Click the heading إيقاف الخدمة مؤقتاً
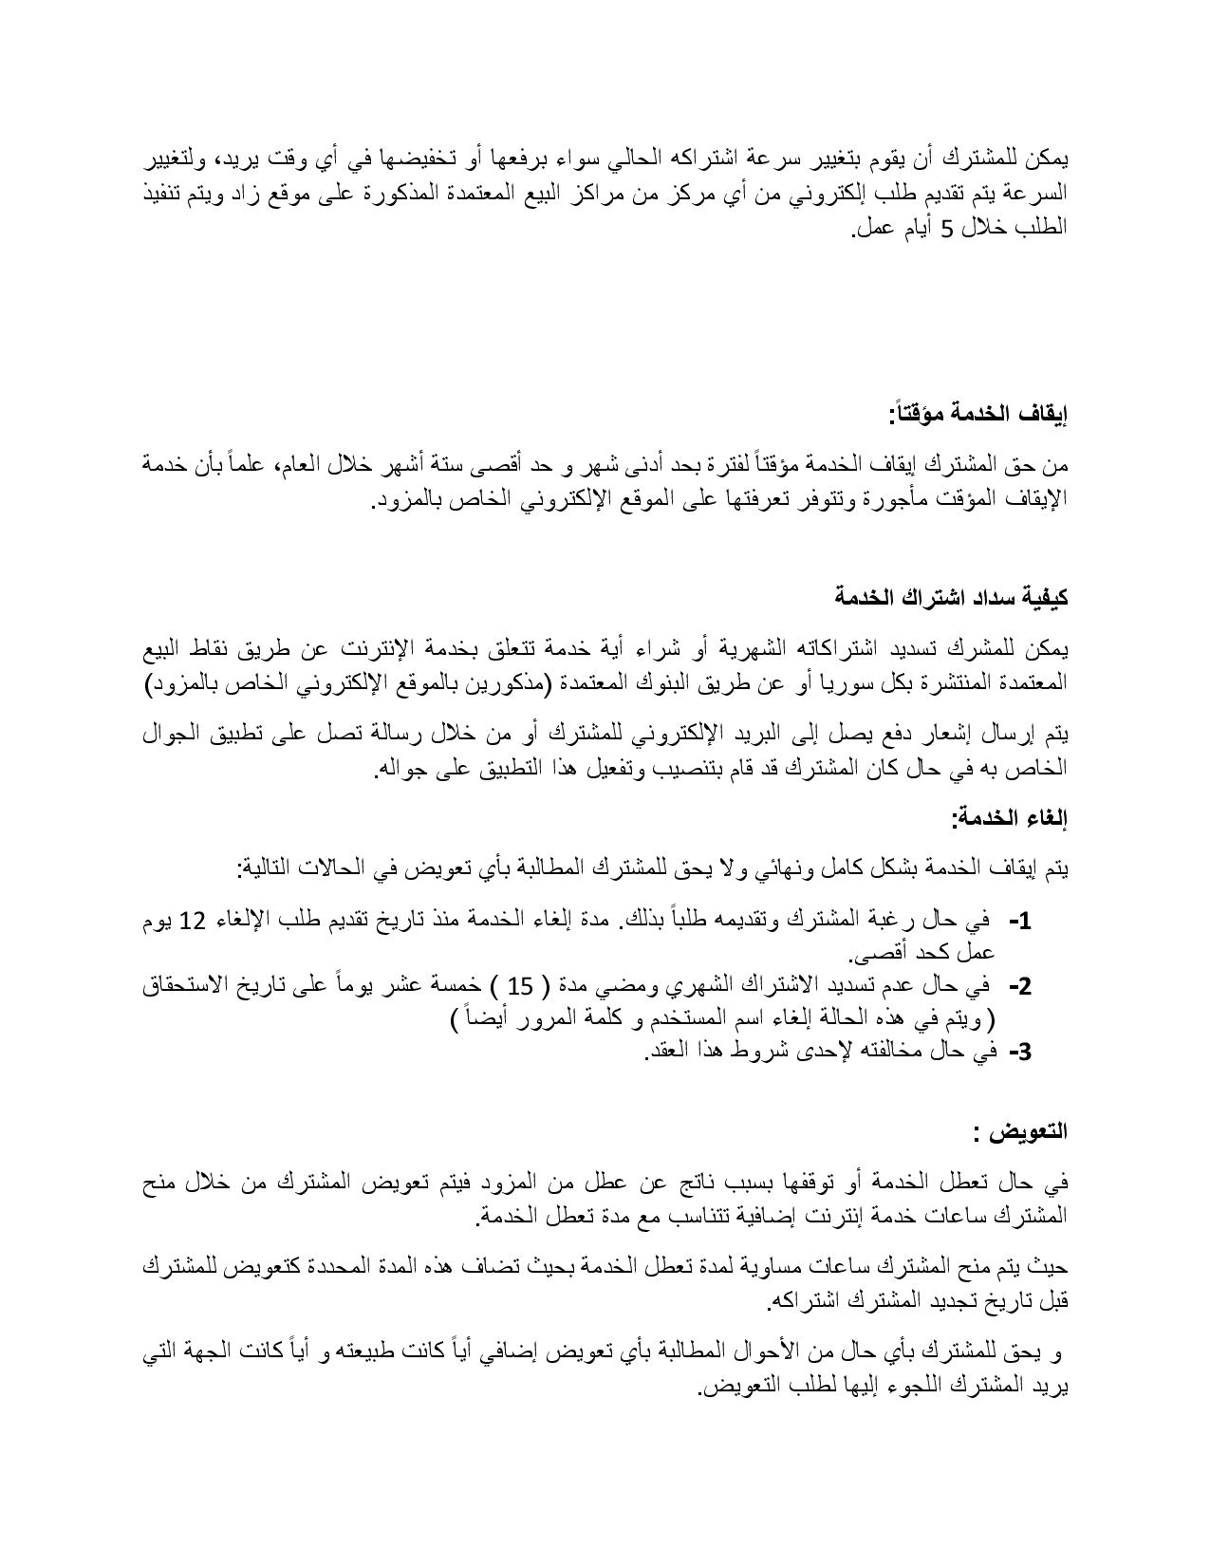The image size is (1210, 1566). coord(977,414)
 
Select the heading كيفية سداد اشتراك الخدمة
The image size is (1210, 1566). coord(951,597)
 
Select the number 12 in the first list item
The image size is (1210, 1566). coord(194,921)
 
